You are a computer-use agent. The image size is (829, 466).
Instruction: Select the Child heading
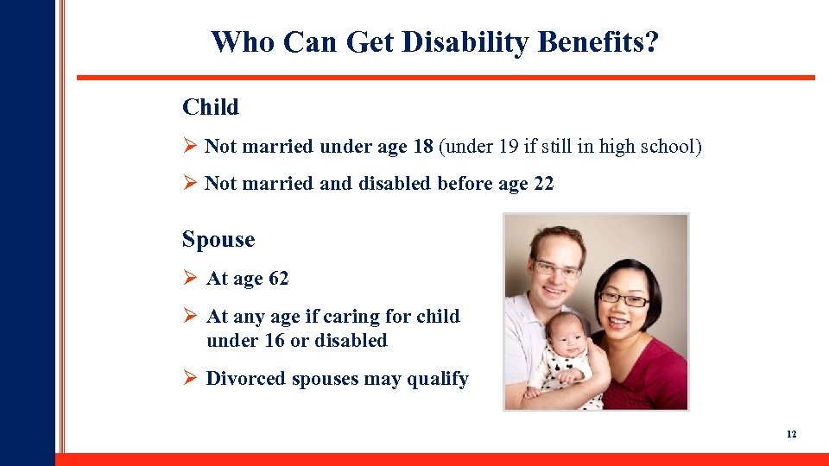point(211,108)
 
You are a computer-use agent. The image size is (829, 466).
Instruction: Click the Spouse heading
point(218,240)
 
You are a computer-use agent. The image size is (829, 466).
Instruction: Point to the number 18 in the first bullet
point(423,147)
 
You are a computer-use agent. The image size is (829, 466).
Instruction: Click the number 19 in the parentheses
point(509,147)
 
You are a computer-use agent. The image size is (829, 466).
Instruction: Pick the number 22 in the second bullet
point(544,184)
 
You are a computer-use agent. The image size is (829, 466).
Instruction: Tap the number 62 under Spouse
point(279,279)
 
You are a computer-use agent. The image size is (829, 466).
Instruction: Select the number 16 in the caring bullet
point(275,341)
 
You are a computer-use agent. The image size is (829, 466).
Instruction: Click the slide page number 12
point(791,434)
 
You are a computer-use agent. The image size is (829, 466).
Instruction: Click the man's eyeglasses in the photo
point(557,269)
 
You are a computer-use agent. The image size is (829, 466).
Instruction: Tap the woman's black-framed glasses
point(623,299)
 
